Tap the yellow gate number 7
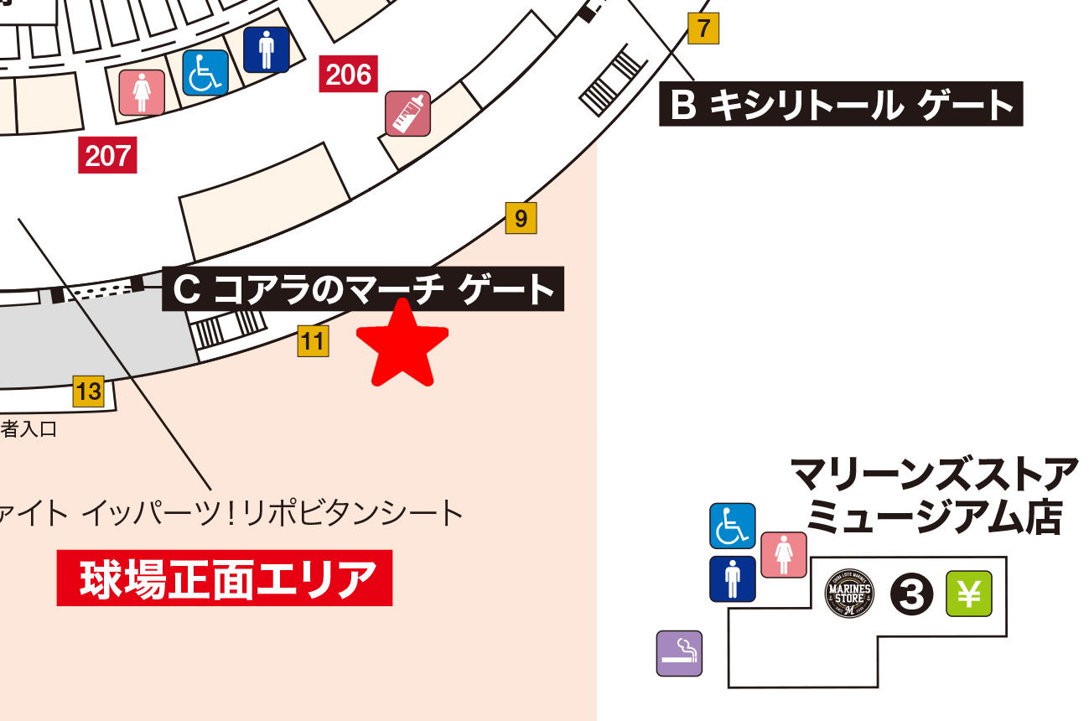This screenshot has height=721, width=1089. click(x=703, y=29)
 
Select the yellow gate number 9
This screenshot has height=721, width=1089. click(x=521, y=219)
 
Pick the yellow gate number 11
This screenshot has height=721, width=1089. click(x=313, y=341)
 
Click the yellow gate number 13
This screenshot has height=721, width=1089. click(x=88, y=391)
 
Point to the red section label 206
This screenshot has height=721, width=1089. click(x=349, y=75)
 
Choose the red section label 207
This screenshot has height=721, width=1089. click(x=107, y=155)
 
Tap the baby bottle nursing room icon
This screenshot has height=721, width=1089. click(x=407, y=113)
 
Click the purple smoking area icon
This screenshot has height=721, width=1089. click(x=679, y=653)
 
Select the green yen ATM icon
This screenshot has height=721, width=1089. click(x=969, y=594)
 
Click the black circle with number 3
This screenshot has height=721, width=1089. click(x=911, y=594)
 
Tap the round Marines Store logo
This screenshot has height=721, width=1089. click(x=849, y=594)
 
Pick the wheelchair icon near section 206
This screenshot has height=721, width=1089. click(x=205, y=73)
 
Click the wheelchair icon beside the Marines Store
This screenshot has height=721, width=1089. click(x=733, y=526)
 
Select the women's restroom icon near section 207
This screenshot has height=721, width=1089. click(x=142, y=91)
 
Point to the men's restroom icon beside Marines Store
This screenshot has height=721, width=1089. click(x=733, y=579)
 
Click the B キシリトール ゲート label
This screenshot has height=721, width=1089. click(x=841, y=104)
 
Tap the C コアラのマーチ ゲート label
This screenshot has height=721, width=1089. click(x=363, y=290)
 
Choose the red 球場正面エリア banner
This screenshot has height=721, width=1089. click(x=224, y=578)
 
